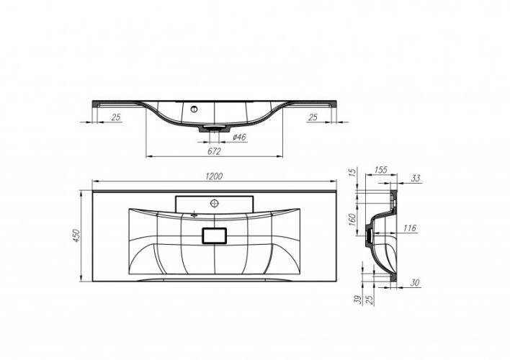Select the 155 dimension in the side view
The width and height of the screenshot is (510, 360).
tap(381, 171)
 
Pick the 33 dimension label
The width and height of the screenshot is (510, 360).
tap(416, 178)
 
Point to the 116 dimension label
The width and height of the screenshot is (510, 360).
tap(410, 228)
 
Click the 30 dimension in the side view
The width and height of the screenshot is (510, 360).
tap(416, 283)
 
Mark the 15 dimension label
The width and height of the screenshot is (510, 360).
tap(352, 174)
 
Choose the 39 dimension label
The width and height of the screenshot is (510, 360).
tap(355, 299)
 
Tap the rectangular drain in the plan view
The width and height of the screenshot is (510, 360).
tap(215, 235)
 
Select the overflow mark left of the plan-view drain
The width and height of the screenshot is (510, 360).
tap(194, 214)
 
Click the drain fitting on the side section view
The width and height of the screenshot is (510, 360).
tap(370, 231)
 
